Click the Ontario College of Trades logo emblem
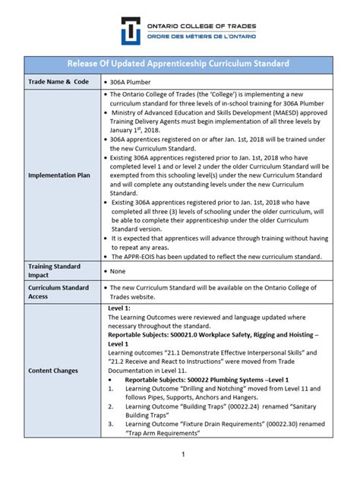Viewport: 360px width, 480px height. click(134, 30)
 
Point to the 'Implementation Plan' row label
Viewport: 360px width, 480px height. click(61, 175)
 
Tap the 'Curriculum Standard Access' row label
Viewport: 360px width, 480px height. click(59, 293)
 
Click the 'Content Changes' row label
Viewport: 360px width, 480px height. click(55, 370)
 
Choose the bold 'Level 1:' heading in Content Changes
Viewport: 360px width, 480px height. click(120, 309)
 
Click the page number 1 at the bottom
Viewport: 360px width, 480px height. click(183, 454)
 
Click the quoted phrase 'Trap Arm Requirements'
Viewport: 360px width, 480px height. click(160, 433)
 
